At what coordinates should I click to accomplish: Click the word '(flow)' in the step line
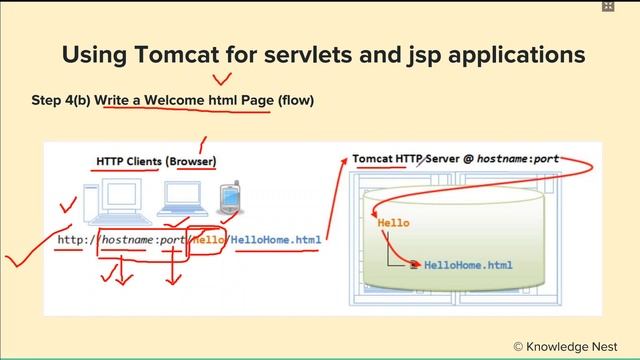(292, 101)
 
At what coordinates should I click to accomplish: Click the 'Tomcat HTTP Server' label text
(411, 159)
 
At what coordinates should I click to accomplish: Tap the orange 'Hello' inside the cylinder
(393, 224)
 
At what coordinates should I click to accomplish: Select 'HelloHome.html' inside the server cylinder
(468, 265)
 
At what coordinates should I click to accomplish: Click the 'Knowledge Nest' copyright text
(569, 345)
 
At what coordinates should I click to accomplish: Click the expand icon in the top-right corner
(608, 7)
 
